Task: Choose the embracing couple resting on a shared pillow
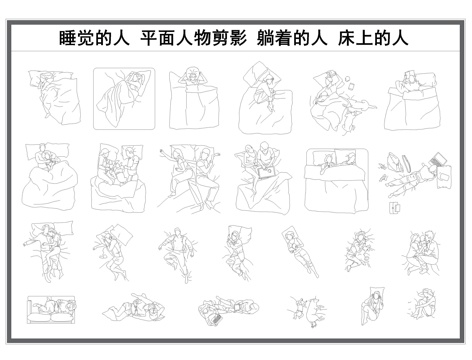pyautogui.click(x=45, y=245)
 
